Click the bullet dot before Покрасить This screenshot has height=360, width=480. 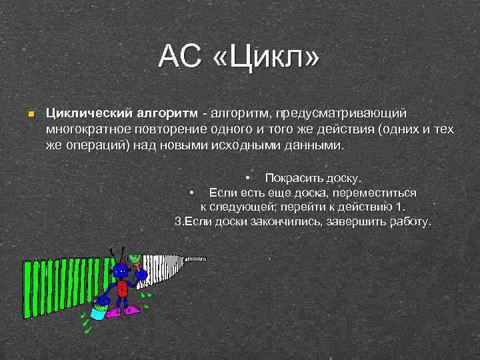point(247,179)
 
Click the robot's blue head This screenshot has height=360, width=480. point(120,270)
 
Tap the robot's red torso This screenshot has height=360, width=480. point(121,288)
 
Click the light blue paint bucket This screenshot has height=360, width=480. point(98,312)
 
